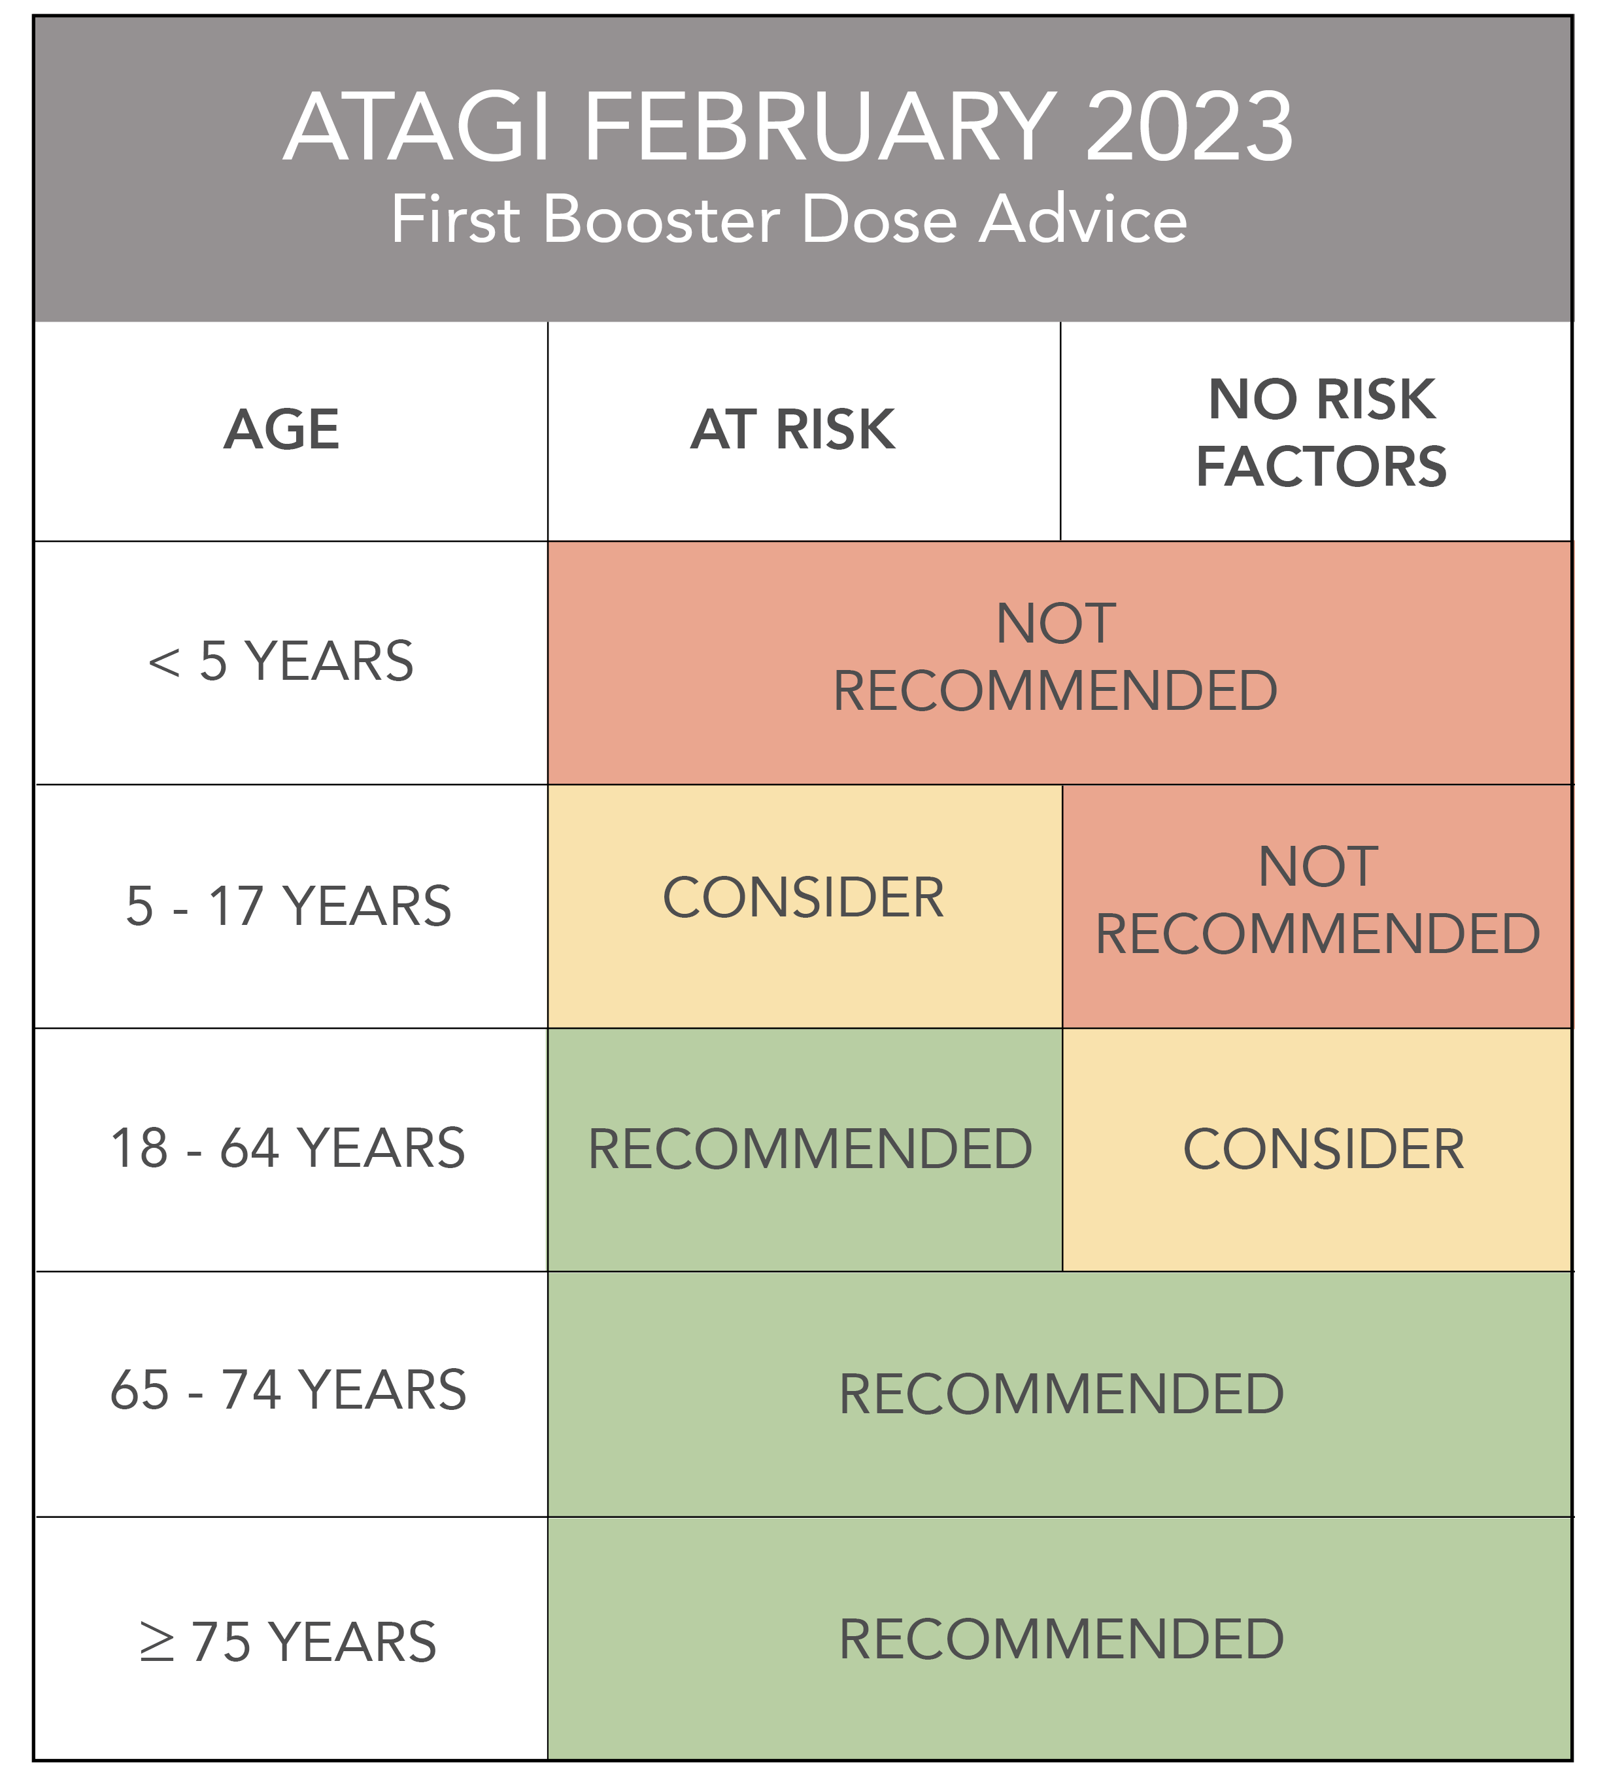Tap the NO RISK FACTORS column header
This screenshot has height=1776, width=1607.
1321,431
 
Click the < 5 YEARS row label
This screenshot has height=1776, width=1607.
281,661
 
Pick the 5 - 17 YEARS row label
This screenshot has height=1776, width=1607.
289,905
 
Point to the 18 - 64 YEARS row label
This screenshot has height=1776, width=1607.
288,1148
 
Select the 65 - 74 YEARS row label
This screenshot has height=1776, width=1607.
288,1390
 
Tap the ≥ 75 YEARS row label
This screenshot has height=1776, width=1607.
288,1642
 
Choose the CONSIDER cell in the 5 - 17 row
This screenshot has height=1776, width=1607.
803,897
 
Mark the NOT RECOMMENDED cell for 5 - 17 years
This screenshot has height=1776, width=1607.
1318,900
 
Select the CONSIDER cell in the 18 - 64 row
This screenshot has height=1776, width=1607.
1323,1148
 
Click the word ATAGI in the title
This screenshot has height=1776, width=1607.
418,127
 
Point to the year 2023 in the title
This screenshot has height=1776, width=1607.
1189,127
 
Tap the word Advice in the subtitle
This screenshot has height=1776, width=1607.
1084,220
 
